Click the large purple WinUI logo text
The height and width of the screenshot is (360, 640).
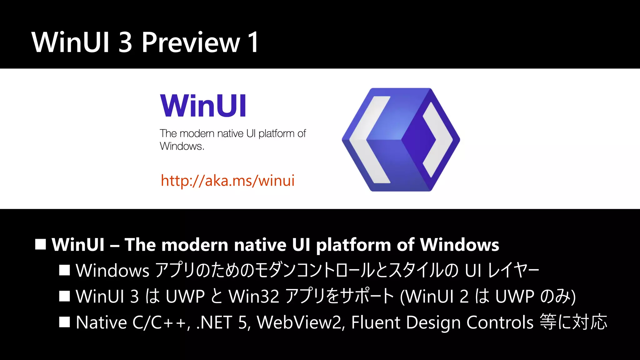tap(203, 106)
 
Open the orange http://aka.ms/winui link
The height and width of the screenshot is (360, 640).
tap(227, 181)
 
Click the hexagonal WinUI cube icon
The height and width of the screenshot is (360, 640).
tap(401, 139)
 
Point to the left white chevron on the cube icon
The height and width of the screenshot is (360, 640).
tap(369, 139)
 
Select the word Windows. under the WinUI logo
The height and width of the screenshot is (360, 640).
tap(182, 146)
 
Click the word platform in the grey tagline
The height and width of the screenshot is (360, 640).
tap(276, 133)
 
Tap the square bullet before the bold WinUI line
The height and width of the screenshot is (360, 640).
tap(41, 244)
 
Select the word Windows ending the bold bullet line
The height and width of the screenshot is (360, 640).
tap(459, 245)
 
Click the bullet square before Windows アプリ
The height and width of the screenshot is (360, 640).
tap(64, 270)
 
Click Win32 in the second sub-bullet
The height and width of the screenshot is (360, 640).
tap(254, 296)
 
